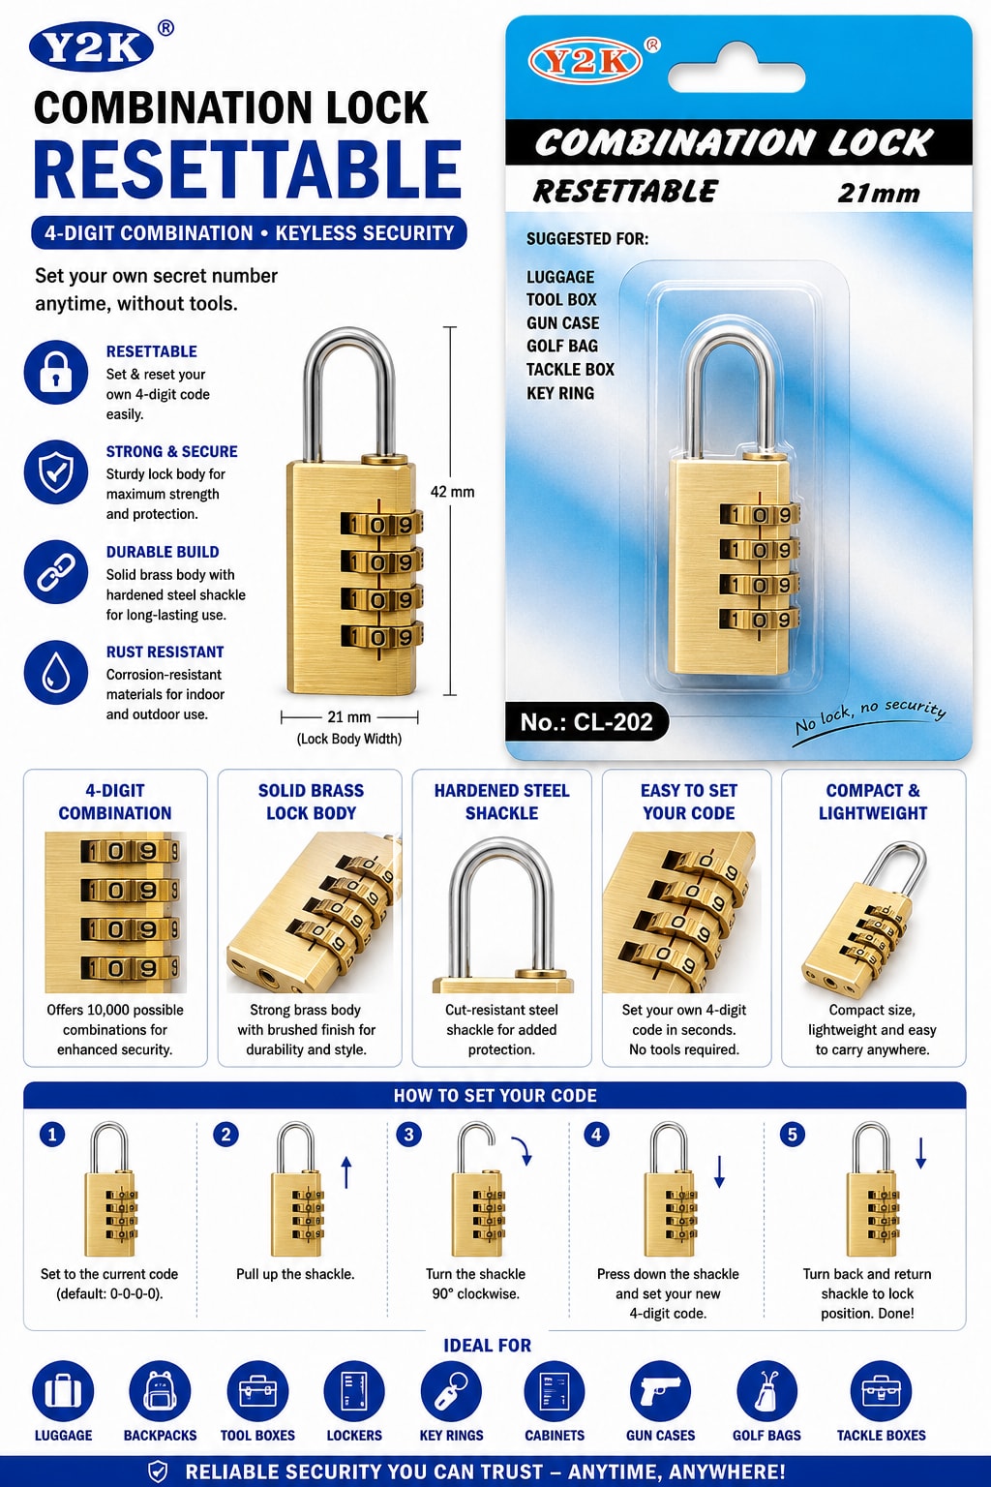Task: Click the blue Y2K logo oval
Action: [x=92, y=48]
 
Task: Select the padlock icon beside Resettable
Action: [x=56, y=373]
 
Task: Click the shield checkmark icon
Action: [x=56, y=472]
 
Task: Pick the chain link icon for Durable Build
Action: [x=56, y=572]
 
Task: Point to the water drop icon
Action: [x=56, y=673]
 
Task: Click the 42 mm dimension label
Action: [x=452, y=492]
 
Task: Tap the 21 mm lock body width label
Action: [x=349, y=717]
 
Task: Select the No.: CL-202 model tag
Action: [x=586, y=721]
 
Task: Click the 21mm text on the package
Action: [x=879, y=194]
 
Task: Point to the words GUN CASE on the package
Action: [x=563, y=323]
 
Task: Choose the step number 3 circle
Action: [x=408, y=1134]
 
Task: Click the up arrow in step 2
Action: [x=346, y=1172]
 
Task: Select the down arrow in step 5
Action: [x=920, y=1153]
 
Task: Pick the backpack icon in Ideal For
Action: [x=160, y=1391]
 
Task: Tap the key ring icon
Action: [x=451, y=1391]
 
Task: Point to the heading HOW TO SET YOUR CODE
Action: [x=495, y=1095]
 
